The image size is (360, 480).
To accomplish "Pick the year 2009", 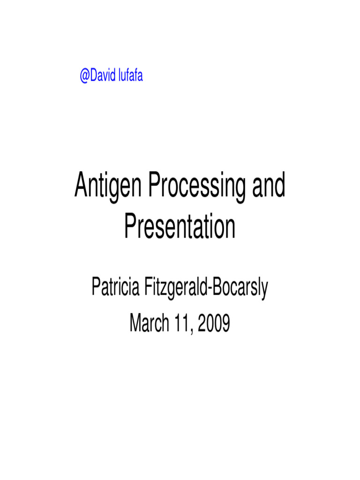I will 214,323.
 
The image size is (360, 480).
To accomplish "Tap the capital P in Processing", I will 154,187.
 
